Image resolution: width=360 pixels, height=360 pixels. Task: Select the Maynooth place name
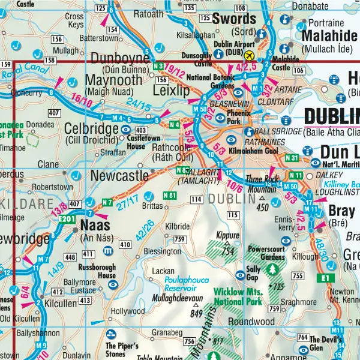click(x=115, y=80)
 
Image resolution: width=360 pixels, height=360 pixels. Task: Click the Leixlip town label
click(x=171, y=91)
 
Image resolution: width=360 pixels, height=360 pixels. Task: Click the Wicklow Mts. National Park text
click(x=238, y=297)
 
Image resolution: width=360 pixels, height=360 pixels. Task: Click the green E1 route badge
click(x=326, y=278)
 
